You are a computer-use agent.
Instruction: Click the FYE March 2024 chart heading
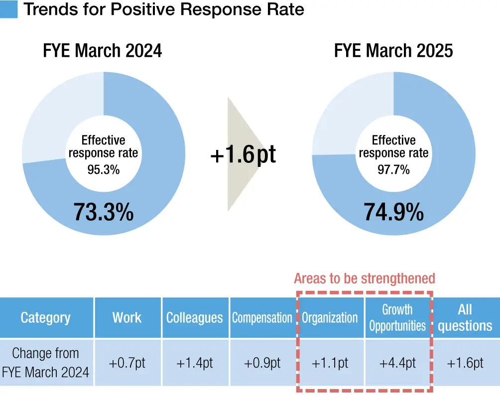pyautogui.click(x=103, y=51)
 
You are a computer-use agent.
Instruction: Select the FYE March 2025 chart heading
pyautogui.click(x=393, y=51)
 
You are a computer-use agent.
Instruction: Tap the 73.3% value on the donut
pyautogui.click(x=104, y=212)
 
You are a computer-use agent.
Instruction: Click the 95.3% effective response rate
pyautogui.click(x=104, y=169)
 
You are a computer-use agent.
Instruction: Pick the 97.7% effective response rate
pyautogui.click(x=393, y=169)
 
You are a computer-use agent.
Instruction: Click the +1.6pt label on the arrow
pyautogui.click(x=243, y=155)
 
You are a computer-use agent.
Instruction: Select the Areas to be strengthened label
pyautogui.click(x=364, y=278)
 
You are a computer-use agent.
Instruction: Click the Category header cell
pyautogui.click(x=45, y=318)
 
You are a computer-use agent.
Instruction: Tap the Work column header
pyautogui.click(x=127, y=318)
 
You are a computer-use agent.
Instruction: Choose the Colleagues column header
pyautogui.click(x=195, y=318)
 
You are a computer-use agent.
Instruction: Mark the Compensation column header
pyautogui.click(x=262, y=318)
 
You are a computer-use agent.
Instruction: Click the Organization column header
pyautogui.click(x=330, y=318)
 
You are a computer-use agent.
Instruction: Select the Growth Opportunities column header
pyautogui.click(x=397, y=318)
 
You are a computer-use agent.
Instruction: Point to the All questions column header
pyautogui.click(x=465, y=318)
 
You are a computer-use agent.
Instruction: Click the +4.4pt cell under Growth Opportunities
pyautogui.click(x=397, y=363)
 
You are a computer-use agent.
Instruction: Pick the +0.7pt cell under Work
pyautogui.click(x=127, y=363)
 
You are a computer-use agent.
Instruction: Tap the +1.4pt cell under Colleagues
pyautogui.click(x=195, y=363)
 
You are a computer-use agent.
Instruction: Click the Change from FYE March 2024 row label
pyautogui.click(x=45, y=363)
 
